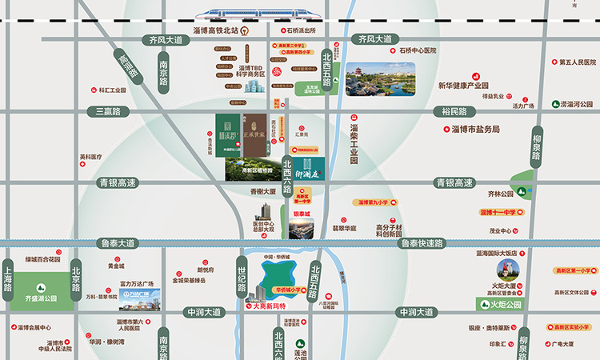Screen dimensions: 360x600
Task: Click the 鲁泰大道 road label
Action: (x=118, y=243)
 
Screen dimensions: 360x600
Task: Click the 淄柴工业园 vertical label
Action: (x=354, y=144)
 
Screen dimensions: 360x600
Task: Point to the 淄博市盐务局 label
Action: (x=475, y=129)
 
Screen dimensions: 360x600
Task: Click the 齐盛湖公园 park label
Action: (x=41, y=297)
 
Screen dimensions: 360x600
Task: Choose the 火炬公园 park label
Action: (x=506, y=305)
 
